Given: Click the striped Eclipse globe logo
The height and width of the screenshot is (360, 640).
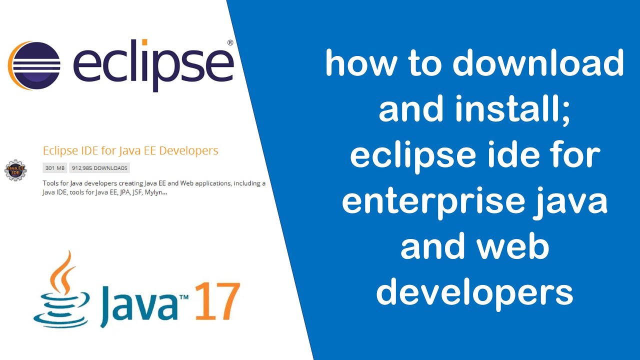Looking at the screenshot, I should (x=34, y=65).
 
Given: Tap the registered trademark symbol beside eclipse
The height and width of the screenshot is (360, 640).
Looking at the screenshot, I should (x=230, y=43).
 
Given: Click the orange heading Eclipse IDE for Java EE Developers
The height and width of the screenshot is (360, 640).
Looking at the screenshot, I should (x=130, y=150).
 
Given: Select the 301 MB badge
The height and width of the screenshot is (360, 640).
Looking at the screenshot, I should (x=55, y=168).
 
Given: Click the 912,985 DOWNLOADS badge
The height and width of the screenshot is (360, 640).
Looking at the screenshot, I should (x=99, y=168).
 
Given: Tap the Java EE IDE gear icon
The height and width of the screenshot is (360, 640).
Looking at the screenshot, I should (x=15, y=170).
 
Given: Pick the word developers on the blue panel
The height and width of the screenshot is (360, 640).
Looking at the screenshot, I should (x=474, y=292).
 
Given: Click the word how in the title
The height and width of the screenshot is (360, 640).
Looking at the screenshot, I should (x=358, y=64).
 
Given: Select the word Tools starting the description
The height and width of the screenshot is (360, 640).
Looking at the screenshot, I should (x=51, y=183).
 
